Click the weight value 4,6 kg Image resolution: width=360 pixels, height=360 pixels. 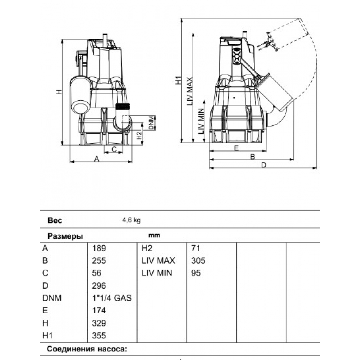pyautogui.click(x=131, y=221)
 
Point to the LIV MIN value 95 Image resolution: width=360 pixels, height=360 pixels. pyautogui.click(x=195, y=273)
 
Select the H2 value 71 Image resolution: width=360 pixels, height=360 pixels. pyautogui.click(x=196, y=248)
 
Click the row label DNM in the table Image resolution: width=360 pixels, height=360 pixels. pyautogui.click(x=52, y=298)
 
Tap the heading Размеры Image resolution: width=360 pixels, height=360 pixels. pyautogui.click(x=66, y=237)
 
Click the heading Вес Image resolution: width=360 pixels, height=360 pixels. pyautogui.click(x=55, y=221)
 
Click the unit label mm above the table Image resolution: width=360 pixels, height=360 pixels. pyautogui.click(x=154, y=235)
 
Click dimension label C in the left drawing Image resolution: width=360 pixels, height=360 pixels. pyautogui.click(x=114, y=149)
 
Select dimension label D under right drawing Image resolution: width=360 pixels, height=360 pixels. pyautogui.click(x=264, y=165)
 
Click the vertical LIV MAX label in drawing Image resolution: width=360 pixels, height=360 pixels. pyautogui.click(x=190, y=91)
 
